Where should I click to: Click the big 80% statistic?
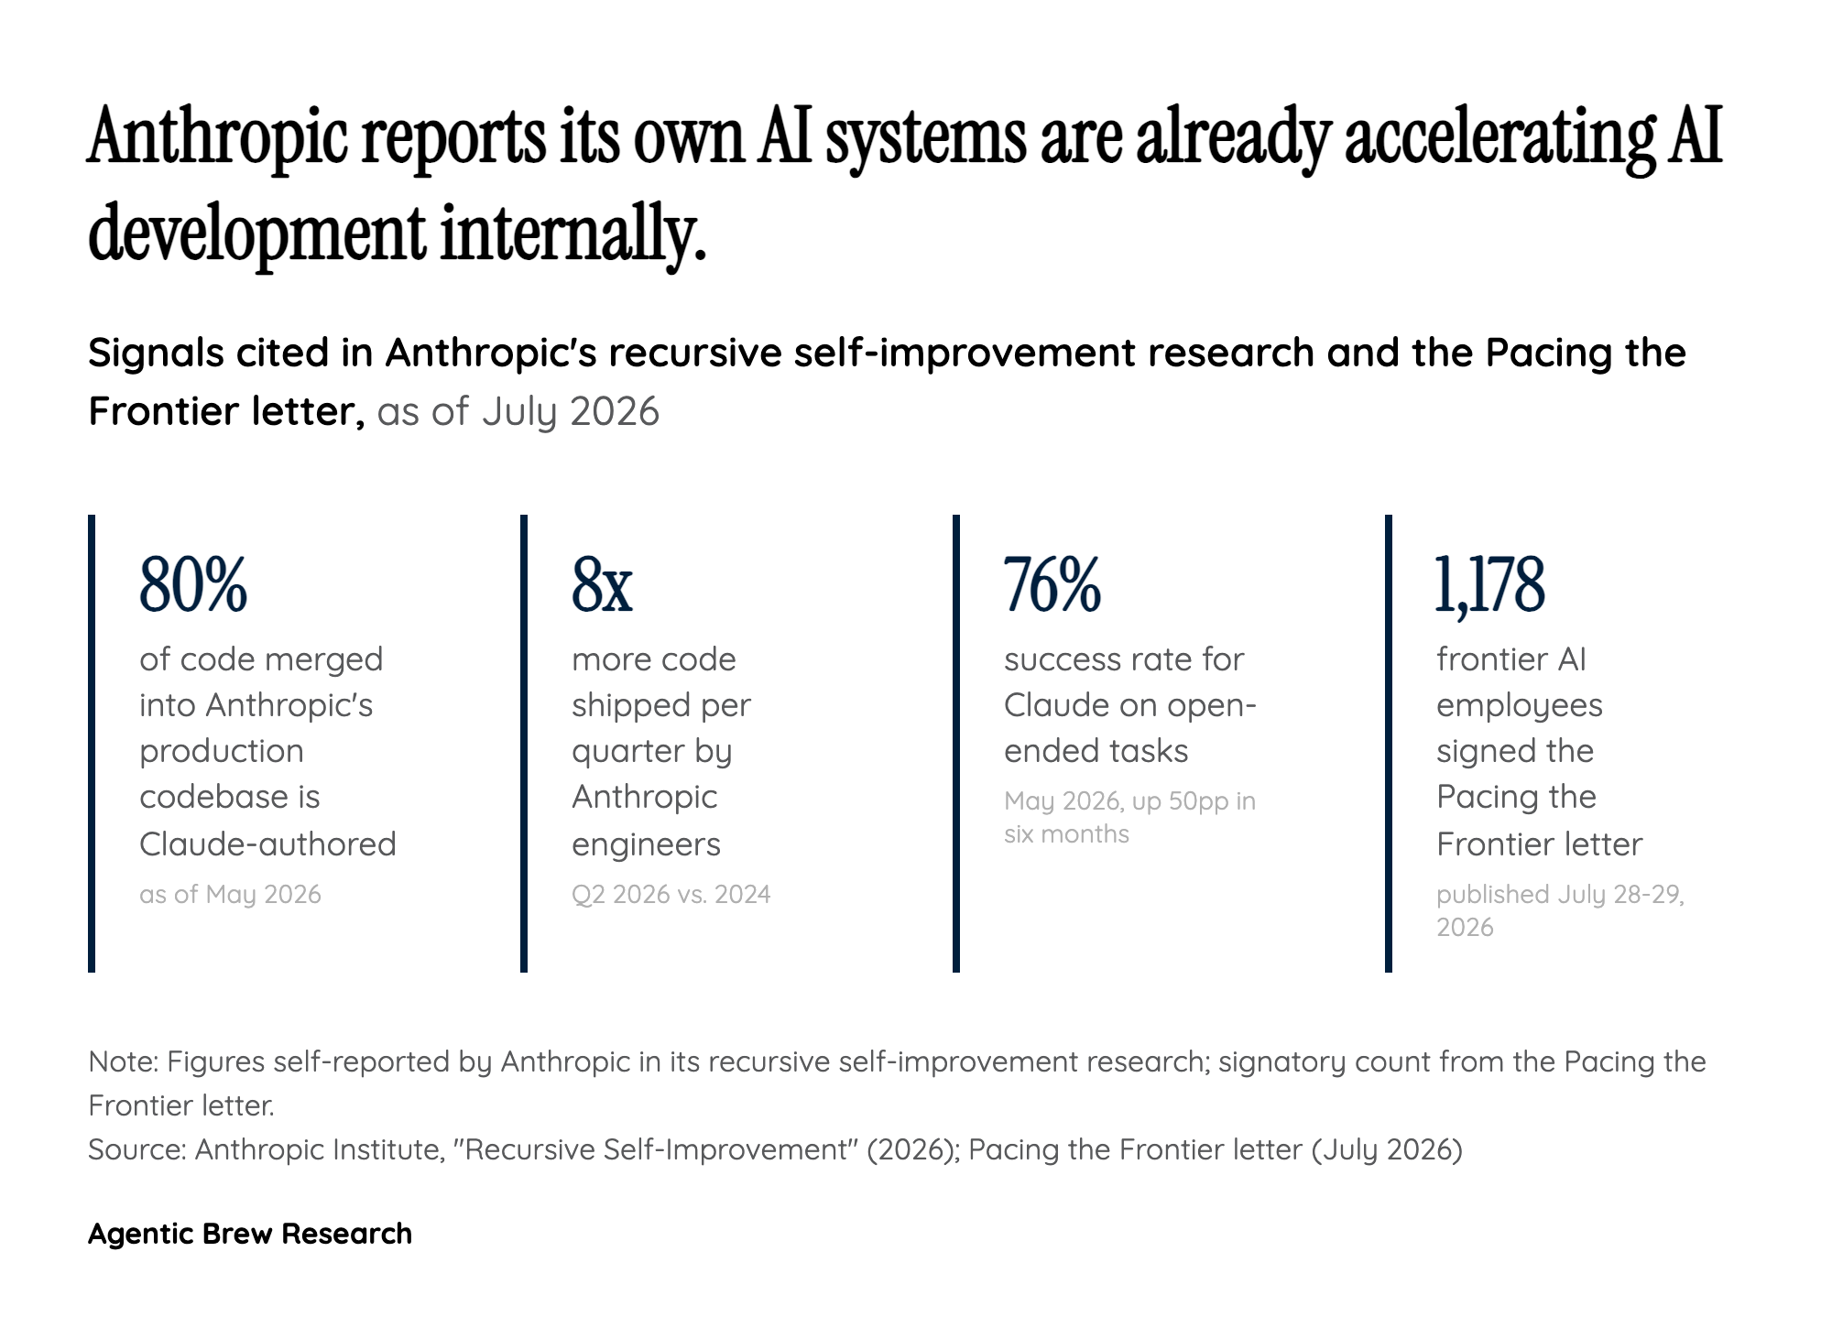coord(193,584)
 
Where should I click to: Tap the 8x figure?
coord(602,584)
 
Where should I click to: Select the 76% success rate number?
coord(1052,584)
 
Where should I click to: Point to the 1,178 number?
coord(1490,584)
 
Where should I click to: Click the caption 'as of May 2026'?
coord(230,894)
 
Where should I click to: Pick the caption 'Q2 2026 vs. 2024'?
coord(671,894)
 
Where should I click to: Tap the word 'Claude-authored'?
coord(267,844)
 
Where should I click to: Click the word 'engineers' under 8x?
coord(646,844)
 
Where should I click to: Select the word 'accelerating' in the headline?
coord(1499,137)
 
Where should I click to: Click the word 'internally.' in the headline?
coord(573,233)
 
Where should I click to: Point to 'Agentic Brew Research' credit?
coord(250,1234)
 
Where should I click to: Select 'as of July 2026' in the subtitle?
coord(518,411)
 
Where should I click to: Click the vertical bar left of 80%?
coord(92,744)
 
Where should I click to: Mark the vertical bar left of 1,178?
coord(1389,744)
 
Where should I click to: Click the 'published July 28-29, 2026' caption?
coord(1560,910)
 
